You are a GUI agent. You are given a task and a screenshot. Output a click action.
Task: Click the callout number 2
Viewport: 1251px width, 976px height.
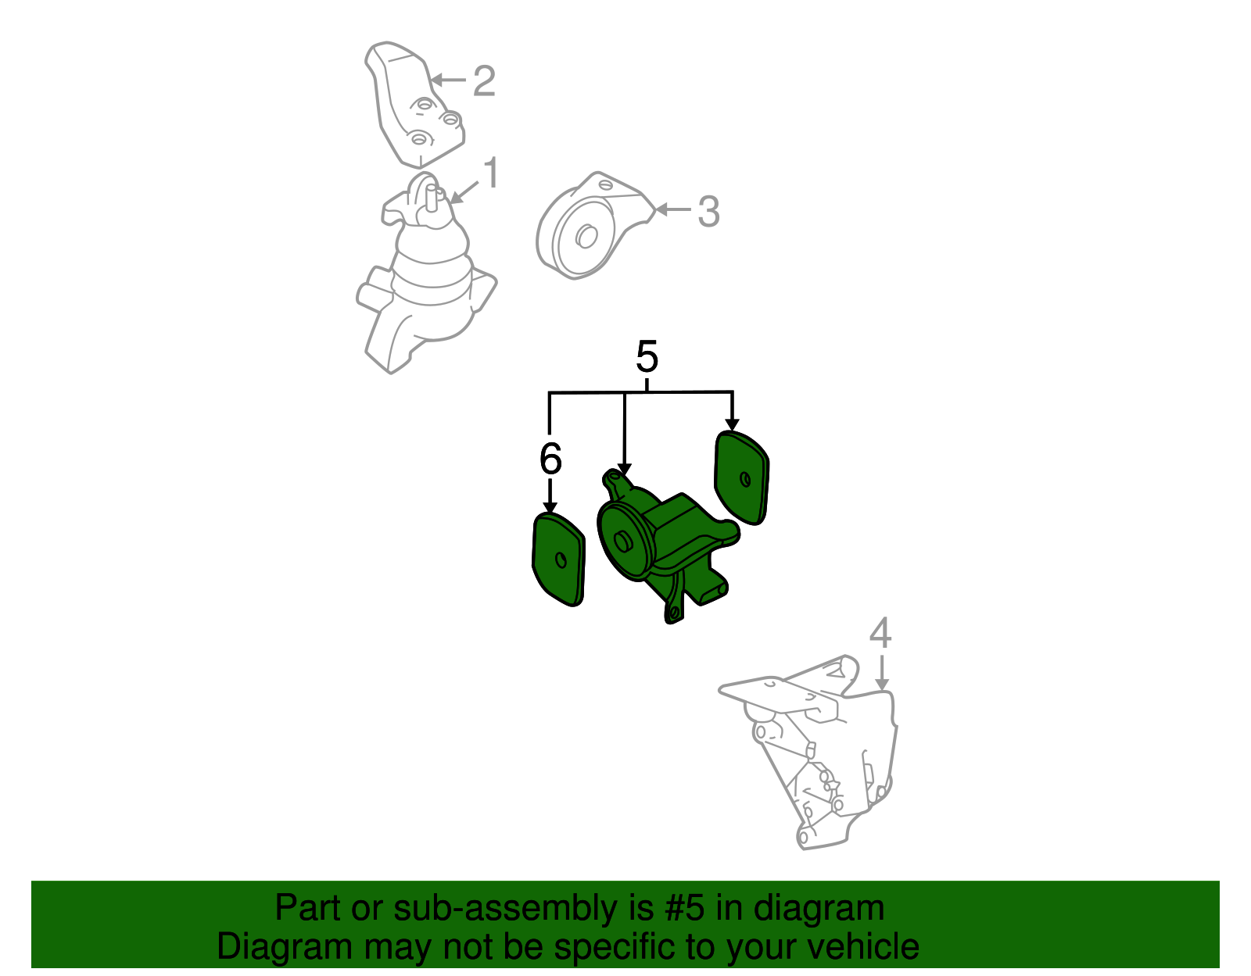(483, 81)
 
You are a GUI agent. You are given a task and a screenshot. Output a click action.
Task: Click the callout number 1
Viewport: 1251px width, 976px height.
(490, 172)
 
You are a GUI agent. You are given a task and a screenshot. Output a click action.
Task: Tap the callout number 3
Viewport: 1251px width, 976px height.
(708, 212)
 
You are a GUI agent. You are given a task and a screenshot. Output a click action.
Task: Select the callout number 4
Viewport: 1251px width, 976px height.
(880, 633)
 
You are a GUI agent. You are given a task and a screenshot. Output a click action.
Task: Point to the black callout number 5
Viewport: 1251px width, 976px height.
(647, 356)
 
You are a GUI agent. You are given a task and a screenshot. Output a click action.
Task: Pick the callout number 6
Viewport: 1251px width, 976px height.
(550, 459)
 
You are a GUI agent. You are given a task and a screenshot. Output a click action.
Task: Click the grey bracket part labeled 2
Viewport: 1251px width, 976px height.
(414, 104)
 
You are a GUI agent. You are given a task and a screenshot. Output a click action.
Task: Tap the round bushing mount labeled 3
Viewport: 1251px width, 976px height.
(593, 227)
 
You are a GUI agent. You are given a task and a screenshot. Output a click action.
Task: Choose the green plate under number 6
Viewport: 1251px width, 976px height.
(557, 559)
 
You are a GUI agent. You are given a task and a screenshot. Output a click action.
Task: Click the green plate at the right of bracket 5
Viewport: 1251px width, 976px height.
(741, 477)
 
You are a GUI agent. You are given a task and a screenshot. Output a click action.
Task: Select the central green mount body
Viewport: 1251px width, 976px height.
(668, 545)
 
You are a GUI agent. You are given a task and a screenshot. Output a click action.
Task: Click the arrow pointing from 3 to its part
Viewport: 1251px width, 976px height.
(673, 209)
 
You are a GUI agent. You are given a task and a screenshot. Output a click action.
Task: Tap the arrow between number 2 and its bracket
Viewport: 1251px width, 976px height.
(448, 80)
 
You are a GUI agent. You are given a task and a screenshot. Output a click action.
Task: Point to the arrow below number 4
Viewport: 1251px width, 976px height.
(882, 672)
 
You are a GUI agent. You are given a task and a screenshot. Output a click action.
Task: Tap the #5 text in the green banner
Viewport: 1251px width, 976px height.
(684, 908)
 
